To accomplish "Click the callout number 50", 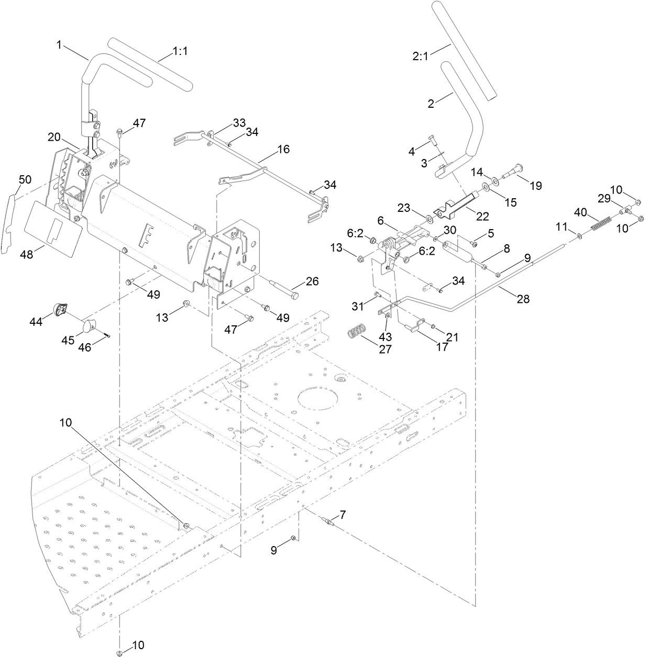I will pos(25,179).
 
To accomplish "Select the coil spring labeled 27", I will pos(358,332).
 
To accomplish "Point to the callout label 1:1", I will pos(180,51).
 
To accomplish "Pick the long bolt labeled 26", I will pos(284,289).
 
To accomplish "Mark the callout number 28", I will pos(523,299).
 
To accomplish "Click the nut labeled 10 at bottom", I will pos(120,652).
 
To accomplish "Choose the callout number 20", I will pos(54,137).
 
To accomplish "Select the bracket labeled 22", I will pos(457,205).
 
